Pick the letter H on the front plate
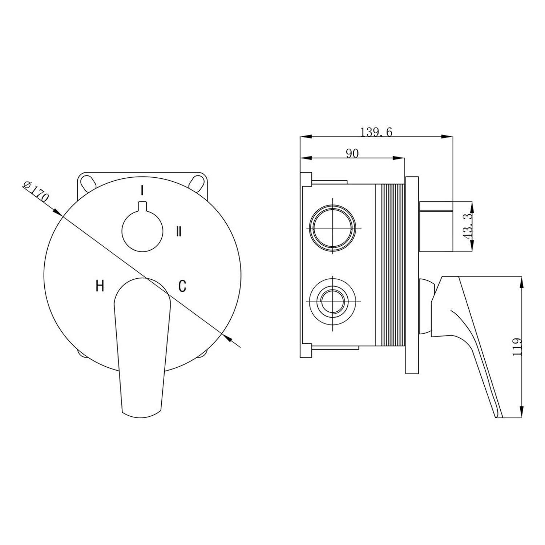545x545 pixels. [100, 286]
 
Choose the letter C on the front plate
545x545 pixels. [182, 286]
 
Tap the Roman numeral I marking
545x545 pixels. [142, 190]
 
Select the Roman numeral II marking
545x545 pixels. [178, 231]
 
